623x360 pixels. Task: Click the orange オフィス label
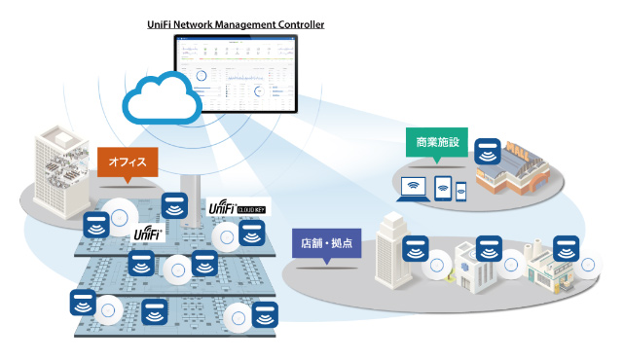pyautogui.click(x=127, y=162)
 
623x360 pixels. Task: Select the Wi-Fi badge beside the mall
pyautogui.click(x=489, y=151)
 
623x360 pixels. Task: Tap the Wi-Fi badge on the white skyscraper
pyautogui.click(x=416, y=248)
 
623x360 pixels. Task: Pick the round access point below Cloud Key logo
pyautogui.click(x=228, y=236)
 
